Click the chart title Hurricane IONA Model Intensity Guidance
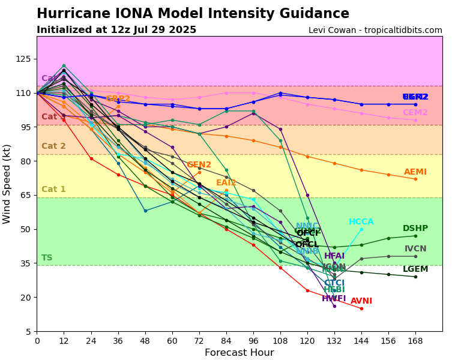pyautogui.click(x=193, y=14)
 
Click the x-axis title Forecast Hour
pyautogui.click(x=239, y=353)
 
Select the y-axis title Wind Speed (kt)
pyautogui.click(x=7, y=184)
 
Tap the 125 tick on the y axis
pyautogui.click(x=23, y=59)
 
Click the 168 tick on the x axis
pyautogui.click(x=415, y=341)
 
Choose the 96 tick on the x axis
pyautogui.click(x=253, y=341)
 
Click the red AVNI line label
pyautogui.click(x=361, y=301)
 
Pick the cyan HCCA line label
pyautogui.click(x=361, y=222)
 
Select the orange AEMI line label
pyautogui.click(x=415, y=172)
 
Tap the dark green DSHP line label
pyautogui.click(x=415, y=229)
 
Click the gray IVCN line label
pyautogui.click(x=415, y=249)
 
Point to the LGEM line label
pyautogui.click(x=415, y=269)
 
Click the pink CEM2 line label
pyautogui.click(x=415, y=113)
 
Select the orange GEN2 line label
pyautogui.click(x=199, y=165)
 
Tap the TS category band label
pyautogui.click(x=47, y=258)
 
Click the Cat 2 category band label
pyautogui.click(x=53, y=146)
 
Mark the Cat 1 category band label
pyautogui.click(x=53, y=190)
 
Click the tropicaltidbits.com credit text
pyautogui.click(x=375, y=31)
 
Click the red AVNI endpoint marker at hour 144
pyautogui.click(x=361, y=308)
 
